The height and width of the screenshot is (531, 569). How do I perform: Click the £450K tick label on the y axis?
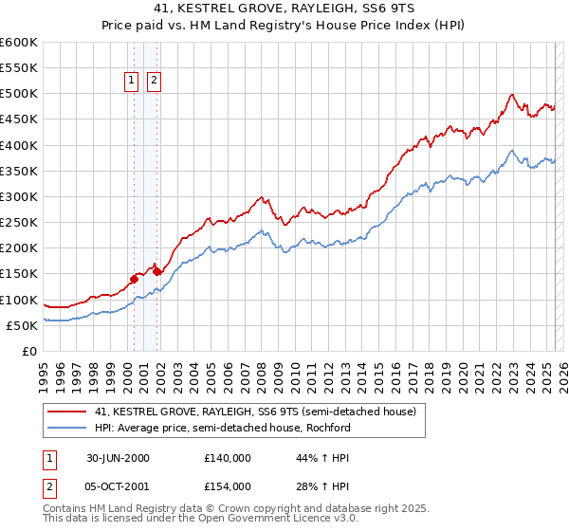tap(19, 119)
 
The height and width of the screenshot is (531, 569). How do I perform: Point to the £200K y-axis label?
tap(19, 248)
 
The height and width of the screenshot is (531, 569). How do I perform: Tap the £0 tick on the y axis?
tap(30, 352)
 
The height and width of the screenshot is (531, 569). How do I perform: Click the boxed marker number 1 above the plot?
tap(131, 82)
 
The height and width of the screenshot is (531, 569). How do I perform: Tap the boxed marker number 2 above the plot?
tap(154, 82)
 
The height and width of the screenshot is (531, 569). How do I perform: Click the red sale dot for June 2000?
tap(134, 279)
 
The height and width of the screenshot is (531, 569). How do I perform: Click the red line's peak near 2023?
tap(511, 94)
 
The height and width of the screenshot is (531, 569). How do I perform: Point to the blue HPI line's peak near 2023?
tap(511, 150)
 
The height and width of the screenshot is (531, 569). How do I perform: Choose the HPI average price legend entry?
tap(222, 428)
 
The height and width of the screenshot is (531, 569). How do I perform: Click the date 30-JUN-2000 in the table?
tap(118, 458)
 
